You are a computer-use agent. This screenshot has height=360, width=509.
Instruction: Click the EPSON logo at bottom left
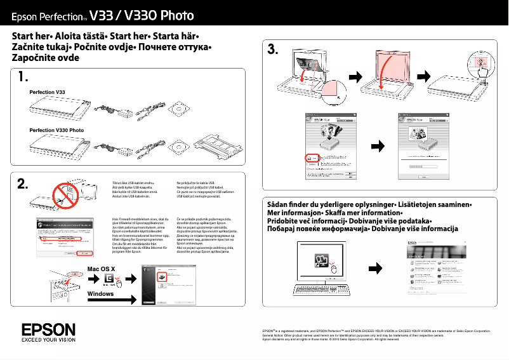48,330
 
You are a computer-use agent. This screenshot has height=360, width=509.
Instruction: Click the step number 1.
23,78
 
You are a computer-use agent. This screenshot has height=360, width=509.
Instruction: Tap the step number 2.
23,184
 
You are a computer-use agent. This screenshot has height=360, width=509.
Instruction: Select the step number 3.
273,50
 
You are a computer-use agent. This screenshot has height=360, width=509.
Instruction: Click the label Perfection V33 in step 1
48,93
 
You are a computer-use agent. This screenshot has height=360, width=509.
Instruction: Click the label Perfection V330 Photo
56,130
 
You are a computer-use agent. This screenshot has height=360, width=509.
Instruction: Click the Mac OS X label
101,269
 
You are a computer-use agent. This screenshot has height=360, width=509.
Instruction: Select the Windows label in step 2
100,294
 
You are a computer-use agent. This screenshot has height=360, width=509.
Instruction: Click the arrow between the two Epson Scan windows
378,147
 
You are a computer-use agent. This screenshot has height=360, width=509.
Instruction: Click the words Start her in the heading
32,35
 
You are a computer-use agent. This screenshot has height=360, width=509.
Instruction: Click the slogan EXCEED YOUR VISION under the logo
48,340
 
